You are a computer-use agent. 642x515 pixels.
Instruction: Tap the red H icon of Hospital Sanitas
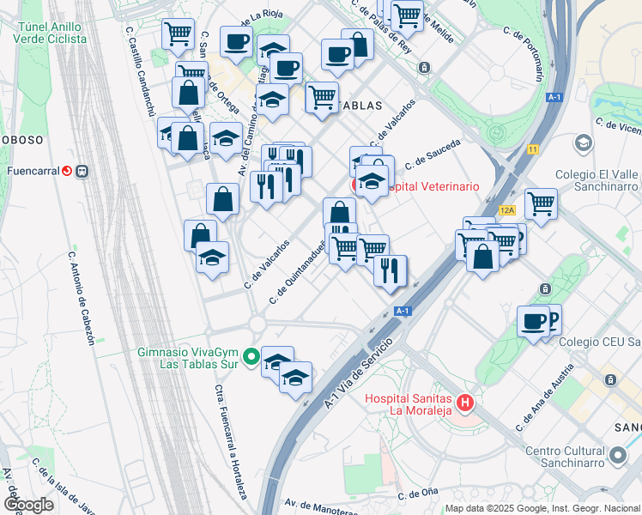(465, 402)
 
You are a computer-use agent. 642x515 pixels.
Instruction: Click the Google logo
(28, 504)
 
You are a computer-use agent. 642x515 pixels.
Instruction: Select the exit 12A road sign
(507, 209)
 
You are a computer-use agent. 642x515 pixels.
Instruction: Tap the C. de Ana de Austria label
(544, 397)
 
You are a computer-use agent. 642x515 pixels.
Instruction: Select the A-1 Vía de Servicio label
(358, 373)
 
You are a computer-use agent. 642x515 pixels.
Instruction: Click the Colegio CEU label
(599, 342)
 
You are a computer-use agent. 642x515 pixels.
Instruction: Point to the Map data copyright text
(542, 507)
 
